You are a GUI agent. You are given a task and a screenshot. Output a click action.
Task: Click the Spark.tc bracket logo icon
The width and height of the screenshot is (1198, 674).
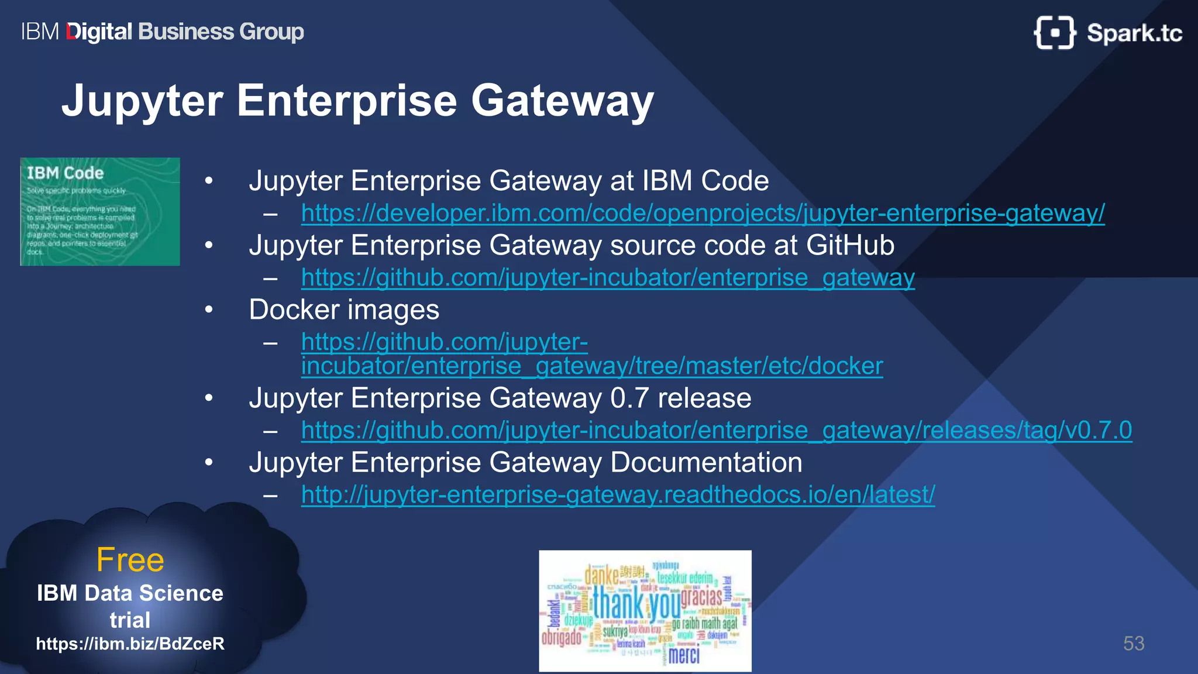tap(1054, 33)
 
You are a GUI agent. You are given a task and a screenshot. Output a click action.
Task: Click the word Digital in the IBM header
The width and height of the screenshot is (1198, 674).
tap(99, 32)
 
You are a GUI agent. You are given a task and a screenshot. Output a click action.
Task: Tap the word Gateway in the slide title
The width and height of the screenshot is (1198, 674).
tap(562, 101)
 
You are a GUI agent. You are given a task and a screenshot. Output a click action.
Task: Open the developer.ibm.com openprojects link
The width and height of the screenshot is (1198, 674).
tap(703, 213)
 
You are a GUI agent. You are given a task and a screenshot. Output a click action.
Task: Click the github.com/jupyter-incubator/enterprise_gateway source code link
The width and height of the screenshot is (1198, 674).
tap(608, 277)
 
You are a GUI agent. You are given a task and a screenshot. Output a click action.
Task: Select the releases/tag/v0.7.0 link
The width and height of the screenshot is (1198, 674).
tap(716, 430)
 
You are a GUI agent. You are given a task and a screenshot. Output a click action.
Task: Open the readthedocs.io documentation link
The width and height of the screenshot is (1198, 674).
tap(618, 494)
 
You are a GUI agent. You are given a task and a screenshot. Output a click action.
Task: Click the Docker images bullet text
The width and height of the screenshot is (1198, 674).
tap(344, 310)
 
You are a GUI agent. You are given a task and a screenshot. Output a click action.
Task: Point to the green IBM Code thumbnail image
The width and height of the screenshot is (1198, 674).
tap(100, 211)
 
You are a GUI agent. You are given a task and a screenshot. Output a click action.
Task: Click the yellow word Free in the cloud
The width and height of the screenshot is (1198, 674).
tap(130, 560)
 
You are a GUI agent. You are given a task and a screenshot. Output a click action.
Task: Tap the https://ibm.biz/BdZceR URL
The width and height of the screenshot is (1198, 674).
tap(130, 644)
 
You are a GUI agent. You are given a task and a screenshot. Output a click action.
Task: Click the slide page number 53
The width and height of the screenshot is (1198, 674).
tap(1133, 644)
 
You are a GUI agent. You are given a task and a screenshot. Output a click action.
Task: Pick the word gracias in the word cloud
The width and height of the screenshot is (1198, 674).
tap(701, 597)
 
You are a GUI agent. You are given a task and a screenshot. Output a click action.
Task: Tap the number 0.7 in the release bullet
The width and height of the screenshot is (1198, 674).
tap(630, 398)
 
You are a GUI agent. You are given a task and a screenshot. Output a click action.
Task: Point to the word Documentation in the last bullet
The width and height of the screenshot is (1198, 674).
tap(706, 462)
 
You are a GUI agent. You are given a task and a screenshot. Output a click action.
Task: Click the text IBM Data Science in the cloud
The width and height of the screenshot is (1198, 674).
tap(130, 593)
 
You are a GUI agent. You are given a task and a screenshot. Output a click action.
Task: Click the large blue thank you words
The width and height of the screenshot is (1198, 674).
tap(636, 603)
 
